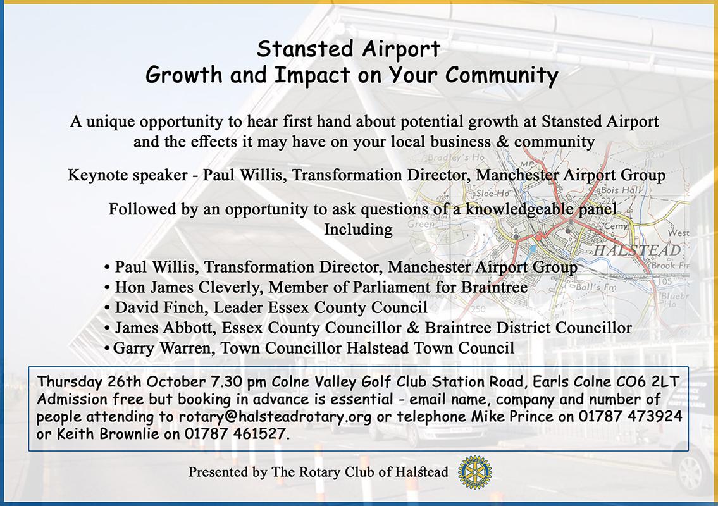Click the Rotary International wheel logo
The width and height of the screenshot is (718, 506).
(x=475, y=472)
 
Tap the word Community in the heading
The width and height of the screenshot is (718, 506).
(x=502, y=75)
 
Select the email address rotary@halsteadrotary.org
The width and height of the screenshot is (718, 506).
(x=275, y=417)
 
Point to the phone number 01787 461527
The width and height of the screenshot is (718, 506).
(x=237, y=434)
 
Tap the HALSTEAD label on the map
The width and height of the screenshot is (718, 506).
(x=637, y=250)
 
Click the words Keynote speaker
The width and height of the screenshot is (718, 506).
(x=128, y=175)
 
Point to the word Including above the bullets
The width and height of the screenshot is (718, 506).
(x=359, y=229)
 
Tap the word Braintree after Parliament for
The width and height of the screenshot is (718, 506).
(x=495, y=288)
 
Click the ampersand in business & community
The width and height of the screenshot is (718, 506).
(x=502, y=142)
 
